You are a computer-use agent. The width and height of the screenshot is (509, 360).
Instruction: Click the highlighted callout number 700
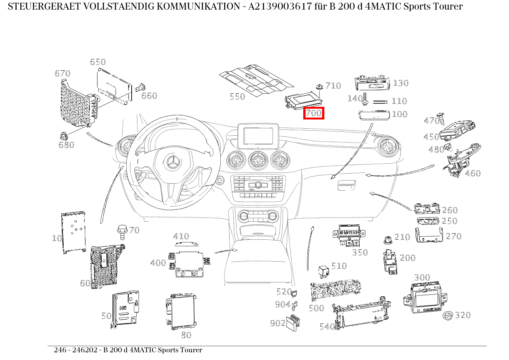point(314,113)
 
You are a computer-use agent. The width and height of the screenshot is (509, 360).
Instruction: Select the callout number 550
point(237,96)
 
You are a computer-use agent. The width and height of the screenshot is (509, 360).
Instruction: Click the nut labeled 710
point(319,87)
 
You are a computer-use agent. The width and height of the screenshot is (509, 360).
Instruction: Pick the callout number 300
point(422,277)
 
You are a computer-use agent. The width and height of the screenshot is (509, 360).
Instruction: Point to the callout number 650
point(98,62)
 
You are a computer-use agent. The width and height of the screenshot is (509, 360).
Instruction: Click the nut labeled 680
point(64,136)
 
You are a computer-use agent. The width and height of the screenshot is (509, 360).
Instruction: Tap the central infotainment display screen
point(258,136)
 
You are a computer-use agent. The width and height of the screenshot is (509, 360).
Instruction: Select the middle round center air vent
point(258,160)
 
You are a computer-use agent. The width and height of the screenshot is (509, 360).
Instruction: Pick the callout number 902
point(278,323)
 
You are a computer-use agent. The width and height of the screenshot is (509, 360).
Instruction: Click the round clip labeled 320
point(448,316)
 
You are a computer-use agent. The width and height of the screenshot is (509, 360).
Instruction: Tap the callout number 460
point(473,173)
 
